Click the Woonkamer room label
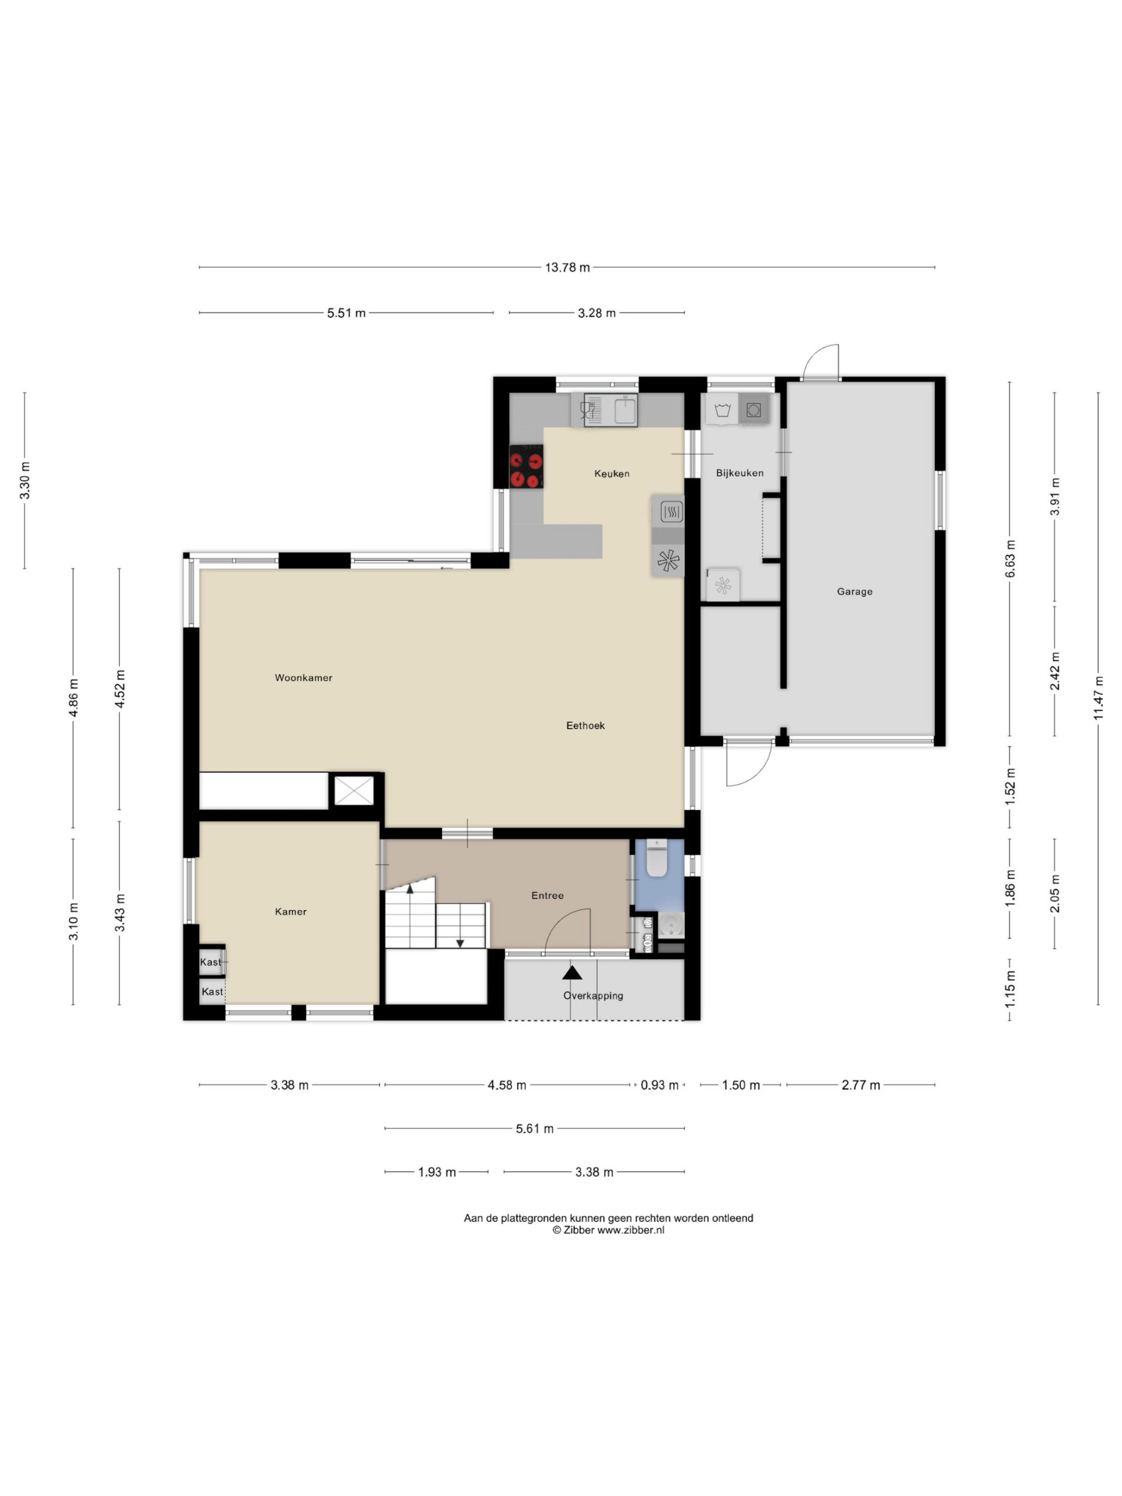[x=303, y=678]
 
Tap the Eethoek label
[x=585, y=726]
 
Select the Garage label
[x=854, y=592]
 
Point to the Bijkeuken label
[x=739, y=473]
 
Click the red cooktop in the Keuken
[x=526, y=466]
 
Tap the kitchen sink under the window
[x=604, y=410]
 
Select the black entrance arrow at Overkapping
[x=572, y=972]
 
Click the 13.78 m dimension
[x=567, y=268]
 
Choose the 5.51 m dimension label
[x=347, y=313]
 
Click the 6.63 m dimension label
[x=1010, y=559]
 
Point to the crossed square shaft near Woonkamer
[x=354, y=791]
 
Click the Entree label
[x=547, y=895]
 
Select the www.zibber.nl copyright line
[x=608, y=1230]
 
